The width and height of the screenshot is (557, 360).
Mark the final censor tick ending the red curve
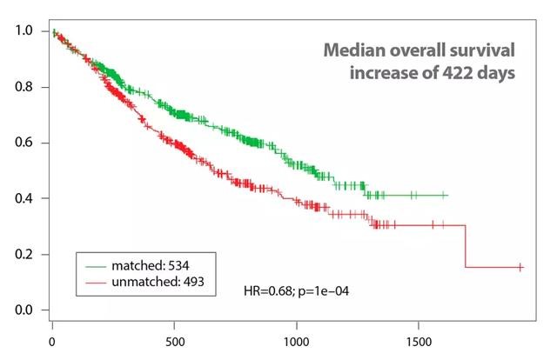(520, 268)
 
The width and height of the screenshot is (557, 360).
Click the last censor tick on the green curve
(445, 196)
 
